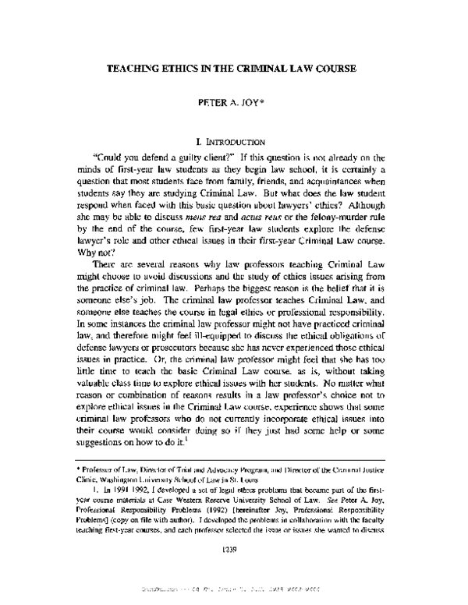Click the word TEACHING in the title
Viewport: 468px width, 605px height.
(x=133, y=68)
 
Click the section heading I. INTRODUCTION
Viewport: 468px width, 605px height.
(x=234, y=143)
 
